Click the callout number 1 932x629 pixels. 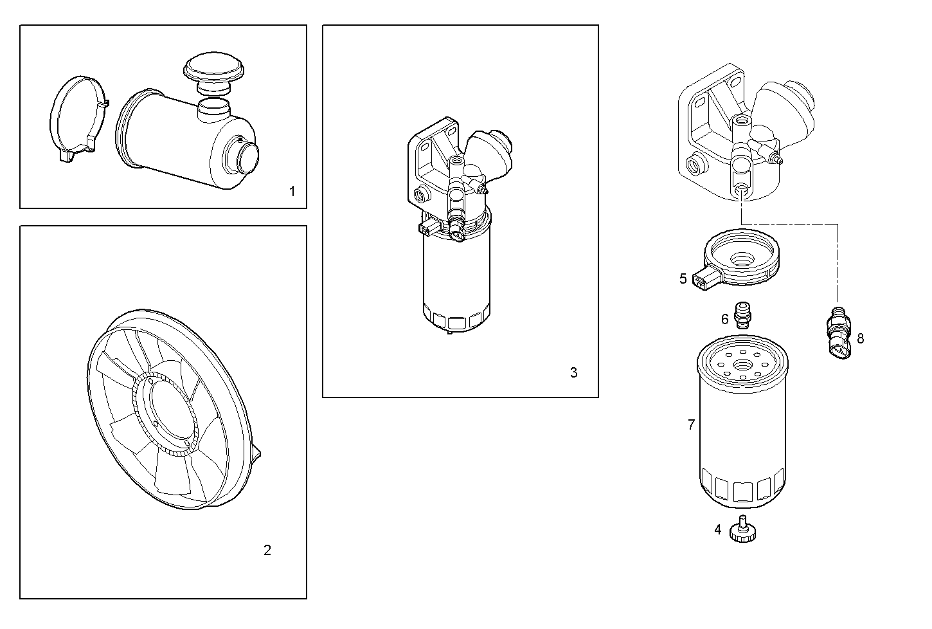click(292, 191)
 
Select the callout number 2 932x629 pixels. click(267, 550)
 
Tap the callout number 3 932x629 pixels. click(573, 372)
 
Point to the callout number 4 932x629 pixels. click(718, 530)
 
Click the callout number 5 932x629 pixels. click(683, 278)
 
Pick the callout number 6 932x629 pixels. click(725, 318)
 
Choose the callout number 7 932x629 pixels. click(691, 424)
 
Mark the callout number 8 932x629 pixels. click(860, 338)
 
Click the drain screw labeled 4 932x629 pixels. click(744, 531)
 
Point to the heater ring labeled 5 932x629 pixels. click(742, 257)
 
